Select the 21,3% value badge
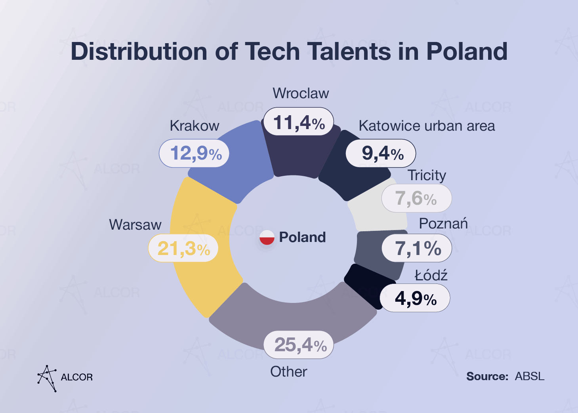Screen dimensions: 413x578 point(183,248)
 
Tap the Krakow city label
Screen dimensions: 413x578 point(194,126)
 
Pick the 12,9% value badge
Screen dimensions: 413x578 point(195,153)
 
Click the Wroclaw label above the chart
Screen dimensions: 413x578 point(301,93)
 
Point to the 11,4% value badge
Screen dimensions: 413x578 point(298,122)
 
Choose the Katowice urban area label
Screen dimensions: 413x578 point(427,126)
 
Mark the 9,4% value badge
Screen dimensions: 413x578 point(381,153)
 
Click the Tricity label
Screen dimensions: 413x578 point(427,175)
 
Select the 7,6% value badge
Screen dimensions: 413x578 point(416,198)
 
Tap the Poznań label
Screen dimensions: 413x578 point(443,224)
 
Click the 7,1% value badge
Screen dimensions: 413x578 point(417,248)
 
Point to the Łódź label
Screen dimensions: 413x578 point(431,275)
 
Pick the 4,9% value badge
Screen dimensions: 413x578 point(415,298)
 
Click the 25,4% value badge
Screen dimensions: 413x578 point(299,345)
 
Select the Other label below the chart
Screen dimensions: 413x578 point(288,372)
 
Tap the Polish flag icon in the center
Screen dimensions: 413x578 point(267,237)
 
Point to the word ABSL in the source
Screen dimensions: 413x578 point(529,376)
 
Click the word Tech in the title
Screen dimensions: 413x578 point(272,51)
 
